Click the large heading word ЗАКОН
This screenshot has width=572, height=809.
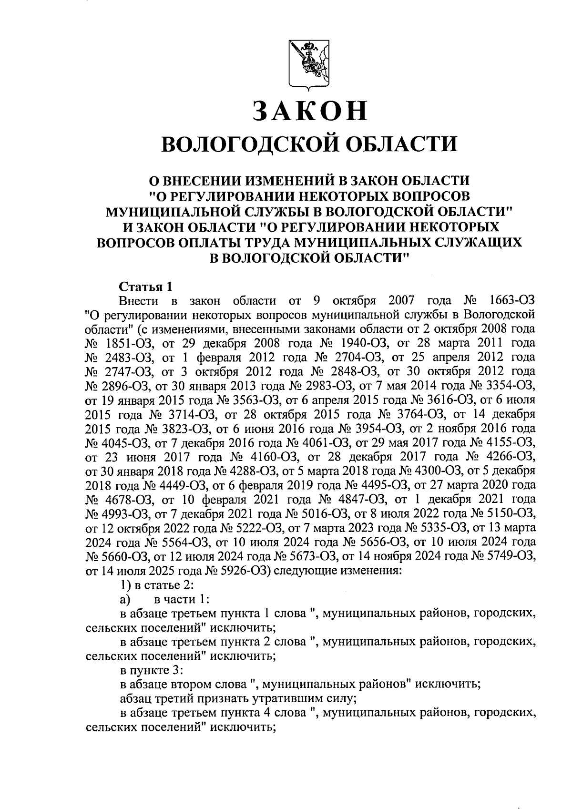pyautogui.click(x=310, y=111)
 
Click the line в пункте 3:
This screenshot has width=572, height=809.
pyautogui.click(x=151, y=670)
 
